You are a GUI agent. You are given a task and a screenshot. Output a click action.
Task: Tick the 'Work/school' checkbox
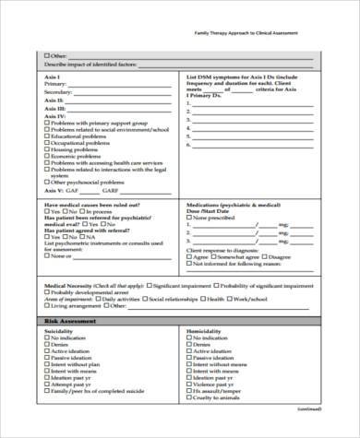[230, 300]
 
